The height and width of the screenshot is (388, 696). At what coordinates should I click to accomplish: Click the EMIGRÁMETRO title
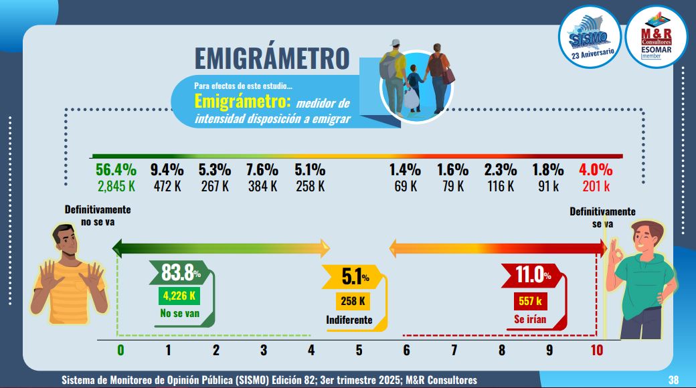272,58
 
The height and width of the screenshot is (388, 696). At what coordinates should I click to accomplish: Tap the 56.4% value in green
116,170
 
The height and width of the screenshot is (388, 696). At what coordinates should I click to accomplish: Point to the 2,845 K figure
116,186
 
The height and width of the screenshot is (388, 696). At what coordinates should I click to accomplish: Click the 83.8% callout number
181,273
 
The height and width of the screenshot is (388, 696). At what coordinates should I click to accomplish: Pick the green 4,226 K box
177,296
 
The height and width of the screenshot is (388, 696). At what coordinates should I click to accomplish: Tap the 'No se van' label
177,313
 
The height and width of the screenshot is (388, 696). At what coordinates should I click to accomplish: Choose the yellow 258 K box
353,301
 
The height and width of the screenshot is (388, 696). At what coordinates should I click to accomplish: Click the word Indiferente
349,320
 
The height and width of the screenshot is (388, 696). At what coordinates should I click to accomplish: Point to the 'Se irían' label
530,319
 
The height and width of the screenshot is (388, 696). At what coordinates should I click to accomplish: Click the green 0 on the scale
120,350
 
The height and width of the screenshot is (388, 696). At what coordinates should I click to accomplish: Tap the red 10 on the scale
597,350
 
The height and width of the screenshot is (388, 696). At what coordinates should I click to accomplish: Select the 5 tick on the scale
359,350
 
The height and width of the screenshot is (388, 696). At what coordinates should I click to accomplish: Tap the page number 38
674,380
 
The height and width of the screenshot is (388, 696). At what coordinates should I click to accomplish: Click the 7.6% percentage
263,170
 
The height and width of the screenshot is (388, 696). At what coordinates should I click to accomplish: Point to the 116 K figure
501,186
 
